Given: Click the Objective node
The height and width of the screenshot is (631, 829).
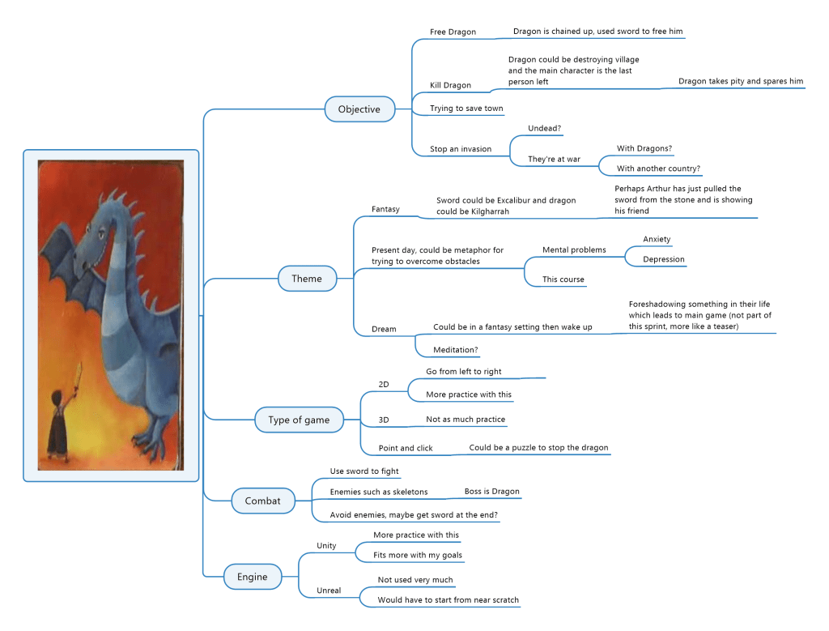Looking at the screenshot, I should (359, 109).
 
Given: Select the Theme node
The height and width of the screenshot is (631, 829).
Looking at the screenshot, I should (307, 279).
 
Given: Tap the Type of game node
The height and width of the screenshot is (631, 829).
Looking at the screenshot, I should (299, 420).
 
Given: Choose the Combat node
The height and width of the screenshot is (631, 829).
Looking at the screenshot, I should (262, 501).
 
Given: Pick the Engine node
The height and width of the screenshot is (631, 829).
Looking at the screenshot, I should (252, 577).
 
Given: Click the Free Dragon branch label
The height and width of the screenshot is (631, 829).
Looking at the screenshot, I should (453, 32).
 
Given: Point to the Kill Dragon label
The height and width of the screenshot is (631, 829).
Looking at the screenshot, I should (450, 85).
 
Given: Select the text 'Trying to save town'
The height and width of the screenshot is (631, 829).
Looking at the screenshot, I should (466, 109).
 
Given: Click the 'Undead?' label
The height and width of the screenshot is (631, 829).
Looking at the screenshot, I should (545, 129).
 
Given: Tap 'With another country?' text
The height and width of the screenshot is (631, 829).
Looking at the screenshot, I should (658, 168).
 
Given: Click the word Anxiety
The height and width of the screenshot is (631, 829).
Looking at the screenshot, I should (657, 239).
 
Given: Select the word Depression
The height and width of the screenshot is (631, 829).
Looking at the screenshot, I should (663, 259).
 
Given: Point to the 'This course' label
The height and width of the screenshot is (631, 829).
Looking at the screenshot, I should (563, 279).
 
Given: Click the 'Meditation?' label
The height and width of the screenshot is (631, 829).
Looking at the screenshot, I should (455, 350).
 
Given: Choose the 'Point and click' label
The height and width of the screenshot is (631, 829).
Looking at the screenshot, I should (406, 448).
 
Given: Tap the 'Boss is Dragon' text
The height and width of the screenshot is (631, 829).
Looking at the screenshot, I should (491, 492).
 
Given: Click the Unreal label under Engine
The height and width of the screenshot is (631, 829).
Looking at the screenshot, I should (329, 590).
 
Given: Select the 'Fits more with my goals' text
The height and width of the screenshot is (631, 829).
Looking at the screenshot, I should (417, 555).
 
